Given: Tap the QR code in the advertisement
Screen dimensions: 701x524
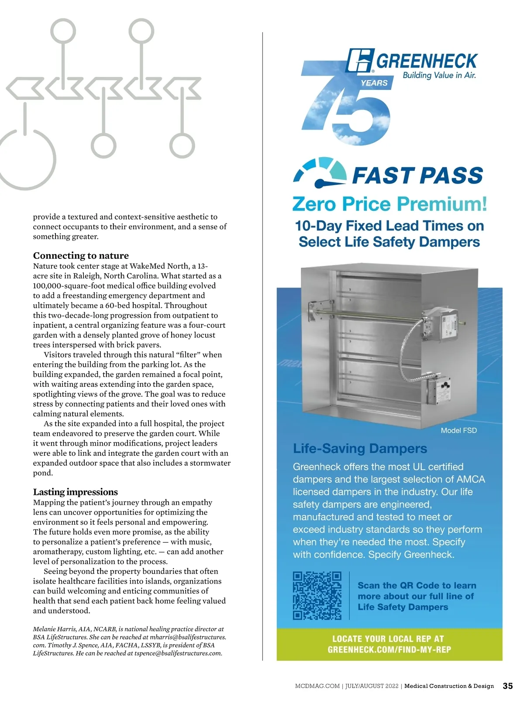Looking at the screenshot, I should [317, 595].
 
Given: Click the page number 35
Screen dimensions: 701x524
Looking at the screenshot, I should [507, 686].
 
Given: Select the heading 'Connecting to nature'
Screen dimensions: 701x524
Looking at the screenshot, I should [81, 255].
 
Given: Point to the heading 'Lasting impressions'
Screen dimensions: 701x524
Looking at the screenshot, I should [75, 492].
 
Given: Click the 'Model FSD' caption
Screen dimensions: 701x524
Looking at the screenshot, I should [458, 430].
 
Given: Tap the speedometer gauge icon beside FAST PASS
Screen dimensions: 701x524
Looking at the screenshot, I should [320, 173].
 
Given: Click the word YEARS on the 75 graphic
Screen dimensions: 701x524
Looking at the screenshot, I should [374, 83].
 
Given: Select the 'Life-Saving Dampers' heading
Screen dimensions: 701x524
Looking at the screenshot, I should [360, 449].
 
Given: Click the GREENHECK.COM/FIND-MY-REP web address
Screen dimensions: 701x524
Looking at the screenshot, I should [389, 649].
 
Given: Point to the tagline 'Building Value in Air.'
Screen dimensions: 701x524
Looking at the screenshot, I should [439, 75].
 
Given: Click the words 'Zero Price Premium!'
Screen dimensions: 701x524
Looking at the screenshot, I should [389, 204].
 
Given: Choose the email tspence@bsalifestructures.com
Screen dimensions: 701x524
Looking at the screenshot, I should [178, 653].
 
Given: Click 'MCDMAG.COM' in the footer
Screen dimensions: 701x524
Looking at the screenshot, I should [317, 686].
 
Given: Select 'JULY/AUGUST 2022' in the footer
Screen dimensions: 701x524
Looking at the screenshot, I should [372, 686].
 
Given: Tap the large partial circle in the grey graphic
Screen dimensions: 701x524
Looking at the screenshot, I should [26, 159].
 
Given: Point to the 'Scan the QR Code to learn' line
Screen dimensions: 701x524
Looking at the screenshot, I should [417, 585].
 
